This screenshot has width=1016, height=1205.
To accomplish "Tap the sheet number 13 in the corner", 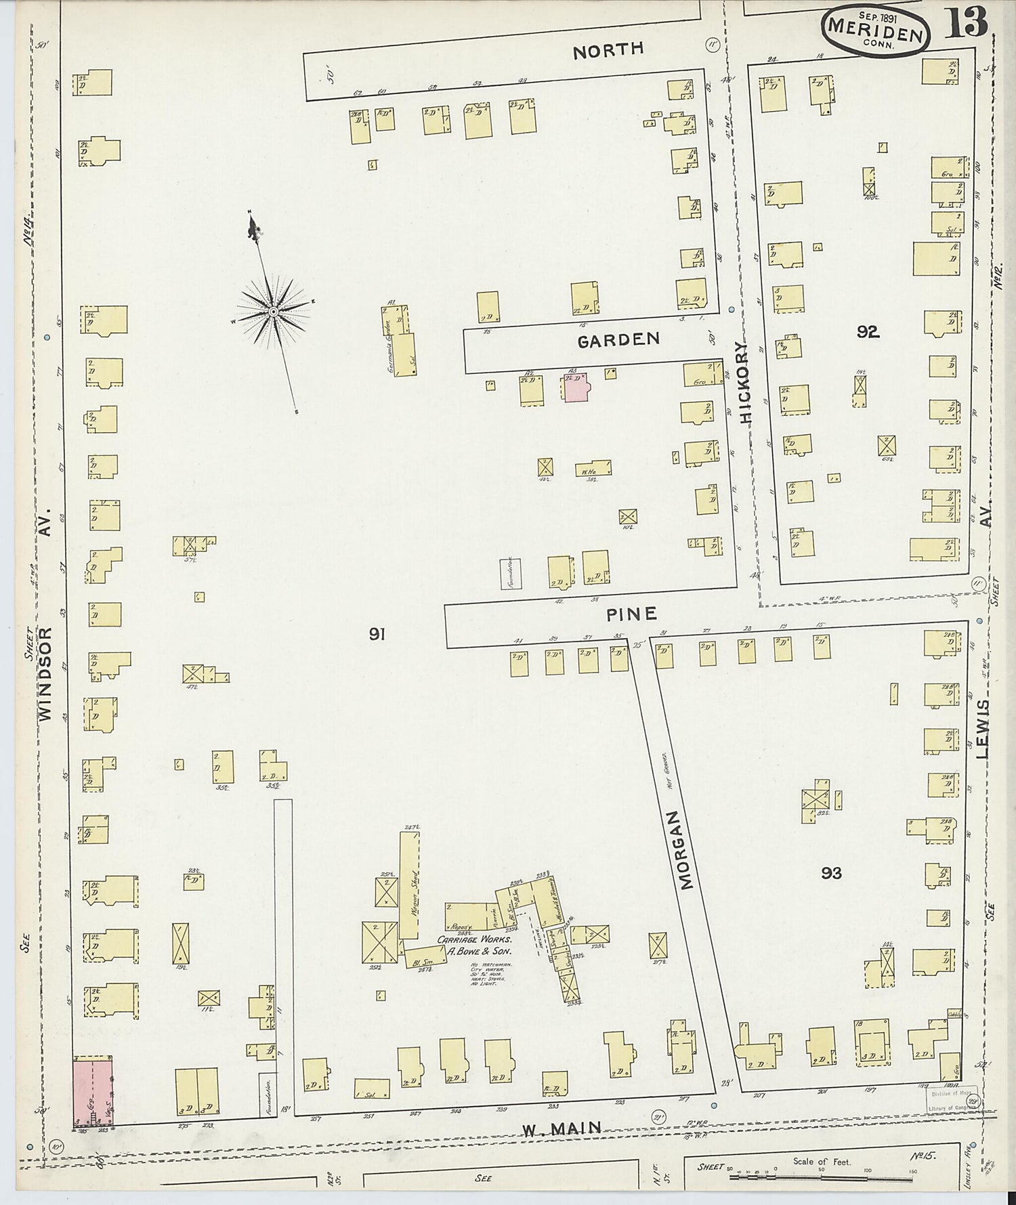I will [967, 24].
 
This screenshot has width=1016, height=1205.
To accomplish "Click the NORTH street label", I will [608, 50].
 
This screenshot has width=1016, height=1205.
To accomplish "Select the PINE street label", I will [631, 614].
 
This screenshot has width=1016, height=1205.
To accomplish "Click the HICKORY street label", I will [746, 383].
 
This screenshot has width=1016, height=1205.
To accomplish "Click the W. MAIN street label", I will [562, 1128].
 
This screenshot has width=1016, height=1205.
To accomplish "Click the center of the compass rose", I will [273, 312].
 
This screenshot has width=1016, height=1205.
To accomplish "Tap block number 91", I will [377, 634].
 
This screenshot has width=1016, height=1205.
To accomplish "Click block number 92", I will [867, 331].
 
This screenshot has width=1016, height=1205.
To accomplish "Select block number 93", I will [831, 873].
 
